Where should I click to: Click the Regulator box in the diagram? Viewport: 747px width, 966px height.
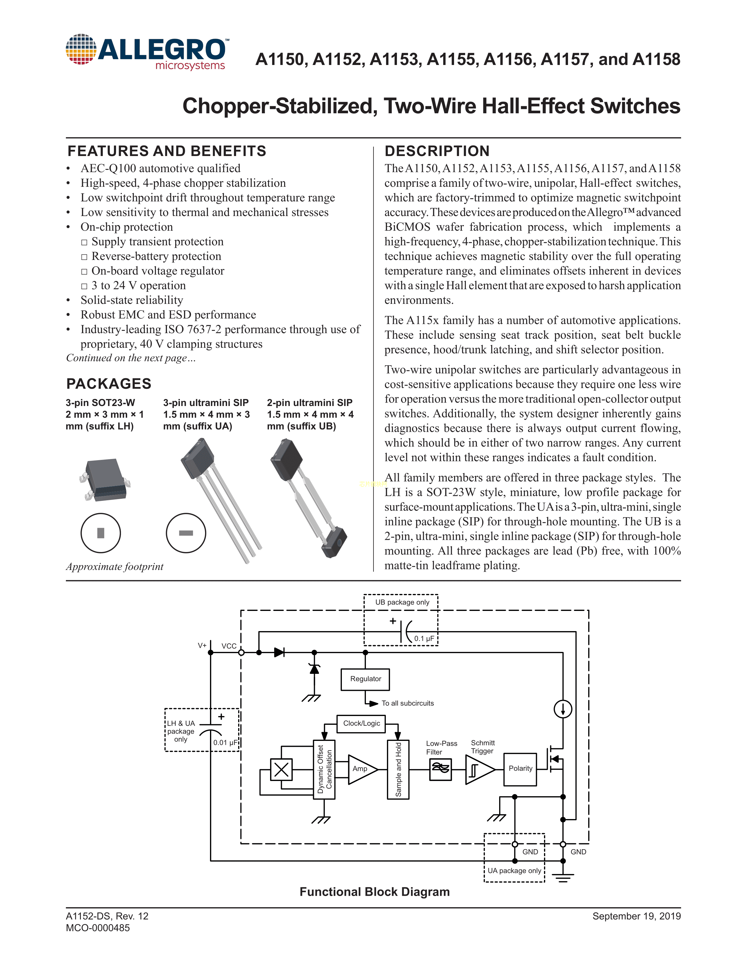point(365,679)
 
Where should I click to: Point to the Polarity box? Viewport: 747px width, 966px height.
point(520,769)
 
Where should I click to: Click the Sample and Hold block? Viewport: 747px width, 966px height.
point(398,769)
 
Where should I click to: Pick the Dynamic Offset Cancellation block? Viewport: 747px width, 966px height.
point(324,769)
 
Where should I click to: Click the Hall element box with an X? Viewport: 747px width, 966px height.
point(282,770)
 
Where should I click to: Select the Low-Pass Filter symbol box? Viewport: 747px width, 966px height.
point(440,769)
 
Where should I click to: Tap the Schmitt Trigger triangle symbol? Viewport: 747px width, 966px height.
point(478,770)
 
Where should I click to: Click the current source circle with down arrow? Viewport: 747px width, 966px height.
point(563,709)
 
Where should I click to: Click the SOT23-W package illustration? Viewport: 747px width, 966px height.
point(105,479)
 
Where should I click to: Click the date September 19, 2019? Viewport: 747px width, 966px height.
point(636,916)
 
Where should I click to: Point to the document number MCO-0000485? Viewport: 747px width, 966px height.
point(98,928)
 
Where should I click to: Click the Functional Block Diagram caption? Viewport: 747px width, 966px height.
point(374,892)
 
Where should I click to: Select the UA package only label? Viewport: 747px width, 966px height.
point(514,871)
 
